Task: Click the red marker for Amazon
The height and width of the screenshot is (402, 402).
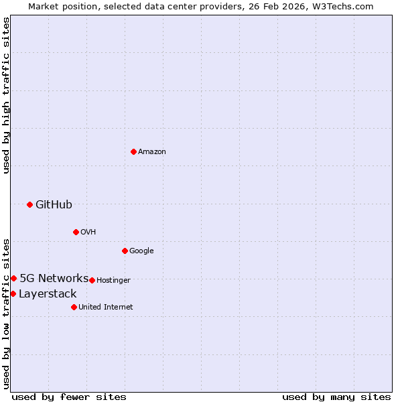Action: click(x=133, y=151)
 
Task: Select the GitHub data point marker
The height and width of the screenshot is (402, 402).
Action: click(x=29, y=204)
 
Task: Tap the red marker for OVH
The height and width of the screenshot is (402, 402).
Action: click(x=76, y=232)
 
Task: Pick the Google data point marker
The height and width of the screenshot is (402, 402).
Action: click(x=125, y=251)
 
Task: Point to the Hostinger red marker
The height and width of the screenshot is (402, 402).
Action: click(x=92, y=280)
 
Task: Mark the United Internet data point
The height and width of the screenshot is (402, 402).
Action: click(x=74, y=307)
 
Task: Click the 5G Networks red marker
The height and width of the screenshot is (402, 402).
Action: click(x=13, y=278)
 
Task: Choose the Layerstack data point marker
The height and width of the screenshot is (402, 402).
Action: click(x=13, y=293)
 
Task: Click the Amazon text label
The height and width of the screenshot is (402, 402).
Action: click(x=152, y=152)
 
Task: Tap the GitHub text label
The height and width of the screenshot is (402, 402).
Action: click(x=54, y=205)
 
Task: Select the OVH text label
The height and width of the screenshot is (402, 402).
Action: click(x=88, y=232)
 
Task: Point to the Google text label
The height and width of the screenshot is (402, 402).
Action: click(x=141, y=251)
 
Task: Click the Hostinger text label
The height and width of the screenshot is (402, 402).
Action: click(x=113, y=281)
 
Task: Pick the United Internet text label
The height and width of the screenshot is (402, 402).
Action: click(x=105, y=308)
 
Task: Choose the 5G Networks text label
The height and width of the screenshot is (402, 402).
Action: click(x=54, y=279)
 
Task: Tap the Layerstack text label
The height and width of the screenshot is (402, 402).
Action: click(x=48, y=294)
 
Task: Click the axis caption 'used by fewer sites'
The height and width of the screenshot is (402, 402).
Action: click(x=69, y=397)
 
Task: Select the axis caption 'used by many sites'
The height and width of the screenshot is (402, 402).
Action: click(x=336, y=397)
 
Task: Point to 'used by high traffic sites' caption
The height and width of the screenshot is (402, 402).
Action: click(x=6, y=95)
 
